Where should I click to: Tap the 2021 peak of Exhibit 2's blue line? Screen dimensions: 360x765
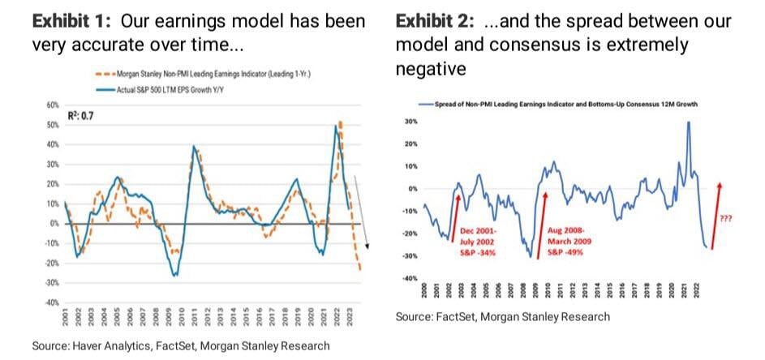tap(688, 122)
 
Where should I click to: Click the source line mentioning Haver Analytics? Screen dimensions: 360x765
tap(180, 346)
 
